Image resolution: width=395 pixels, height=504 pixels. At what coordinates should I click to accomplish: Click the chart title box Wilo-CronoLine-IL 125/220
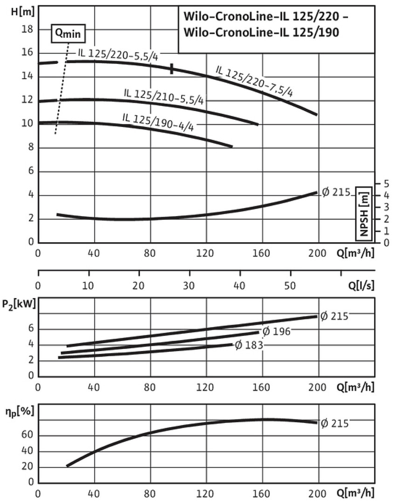(x=277, y=28)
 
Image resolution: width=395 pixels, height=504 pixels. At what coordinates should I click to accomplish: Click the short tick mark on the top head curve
(x=172, y=69)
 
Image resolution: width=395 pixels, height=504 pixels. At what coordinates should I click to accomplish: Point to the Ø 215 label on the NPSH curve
(x=336, y=191)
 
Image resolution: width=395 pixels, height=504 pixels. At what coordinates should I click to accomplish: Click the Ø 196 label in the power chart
(x=276, y=331)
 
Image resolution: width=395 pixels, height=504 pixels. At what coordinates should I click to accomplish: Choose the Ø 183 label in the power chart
(x=249, y=345)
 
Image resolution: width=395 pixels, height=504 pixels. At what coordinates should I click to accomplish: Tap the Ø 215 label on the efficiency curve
(x=334, y=423)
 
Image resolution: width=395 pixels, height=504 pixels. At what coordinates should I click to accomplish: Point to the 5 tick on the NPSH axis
(x=385, y=182)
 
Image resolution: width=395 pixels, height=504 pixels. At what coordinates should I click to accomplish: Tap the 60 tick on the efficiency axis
(x=28, y=436)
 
